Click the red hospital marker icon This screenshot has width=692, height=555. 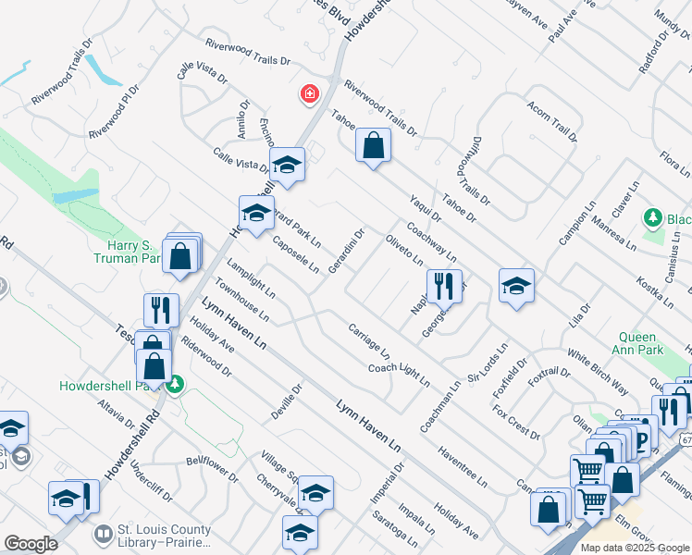[308, 94]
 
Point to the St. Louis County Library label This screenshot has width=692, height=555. [164, 536]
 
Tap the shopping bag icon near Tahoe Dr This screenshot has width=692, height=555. [373, 146]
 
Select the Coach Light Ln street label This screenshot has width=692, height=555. [400, 374]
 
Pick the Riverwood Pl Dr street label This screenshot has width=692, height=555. [114, 114]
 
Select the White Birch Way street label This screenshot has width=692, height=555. [598, 373]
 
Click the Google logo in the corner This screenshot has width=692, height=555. [31, 543]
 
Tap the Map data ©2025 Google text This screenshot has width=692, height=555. [634, 548]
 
